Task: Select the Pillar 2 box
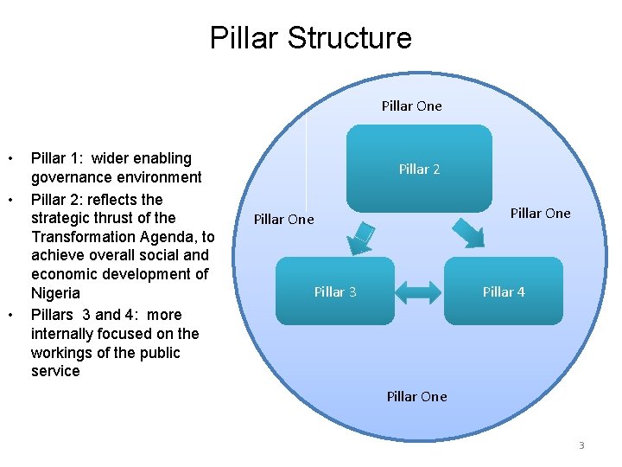[x=419, y=169]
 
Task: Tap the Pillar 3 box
[x=335, y=292]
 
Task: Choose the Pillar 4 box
[x=504, y=292]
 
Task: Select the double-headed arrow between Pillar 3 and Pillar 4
[x=420, y=291]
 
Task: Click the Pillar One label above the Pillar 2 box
[x=411, y=106]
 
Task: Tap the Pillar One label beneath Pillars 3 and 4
[x=416, y=397]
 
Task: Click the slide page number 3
[x=581, y=445]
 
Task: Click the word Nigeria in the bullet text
[x=55, y=293]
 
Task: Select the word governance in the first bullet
[x=69, y=178]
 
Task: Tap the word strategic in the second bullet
[x=60, y=217]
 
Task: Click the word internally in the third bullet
[x=65, y=334]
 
